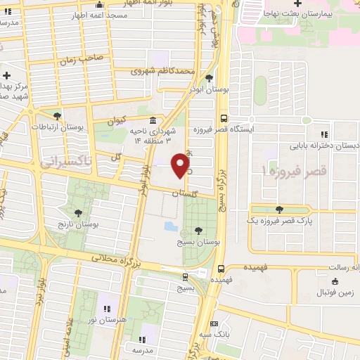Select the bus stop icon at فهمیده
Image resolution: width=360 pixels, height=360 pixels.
click(221, 268)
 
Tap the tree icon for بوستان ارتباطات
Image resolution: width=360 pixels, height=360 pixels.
click(57, 116)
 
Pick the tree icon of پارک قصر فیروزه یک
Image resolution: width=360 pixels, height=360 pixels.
click(280, 209)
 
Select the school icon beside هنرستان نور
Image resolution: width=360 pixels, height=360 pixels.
click(108, 309)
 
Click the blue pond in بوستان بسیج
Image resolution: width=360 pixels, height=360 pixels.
click(172, 227)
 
